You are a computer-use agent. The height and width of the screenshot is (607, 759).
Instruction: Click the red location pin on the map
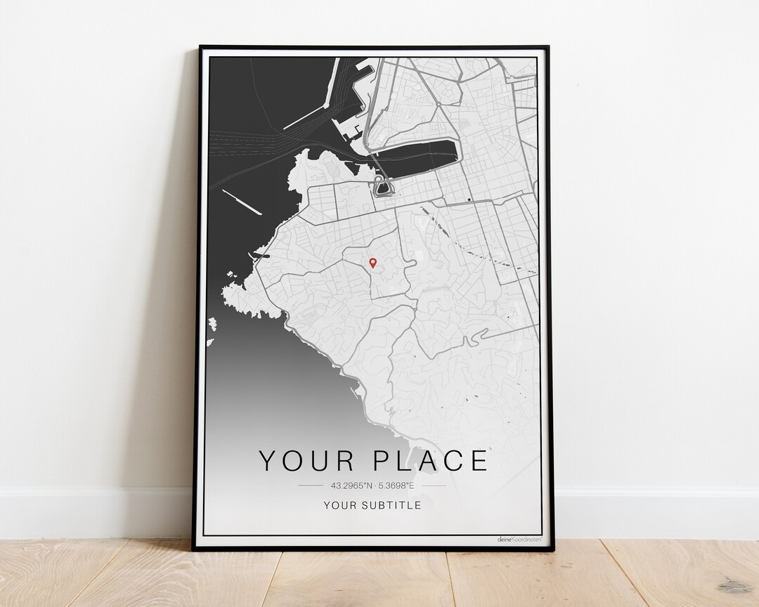[372, 263]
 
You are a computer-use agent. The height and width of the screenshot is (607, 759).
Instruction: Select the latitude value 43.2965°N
[350, 485]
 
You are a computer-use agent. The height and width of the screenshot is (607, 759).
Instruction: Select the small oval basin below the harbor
[382, 188]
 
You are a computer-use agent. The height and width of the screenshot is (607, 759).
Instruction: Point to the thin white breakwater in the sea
[242, 202]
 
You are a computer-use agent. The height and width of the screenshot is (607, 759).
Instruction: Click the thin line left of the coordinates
[310, 485]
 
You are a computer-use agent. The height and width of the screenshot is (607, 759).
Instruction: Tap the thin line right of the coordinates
[434, 485]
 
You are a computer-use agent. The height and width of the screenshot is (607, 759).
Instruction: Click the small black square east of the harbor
[468, 200]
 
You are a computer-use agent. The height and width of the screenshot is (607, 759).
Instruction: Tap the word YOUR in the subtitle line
[339, 505]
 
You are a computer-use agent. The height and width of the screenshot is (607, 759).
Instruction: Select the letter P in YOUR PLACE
[382, 461]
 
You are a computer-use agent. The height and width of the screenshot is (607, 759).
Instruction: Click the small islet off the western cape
[212, 324]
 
